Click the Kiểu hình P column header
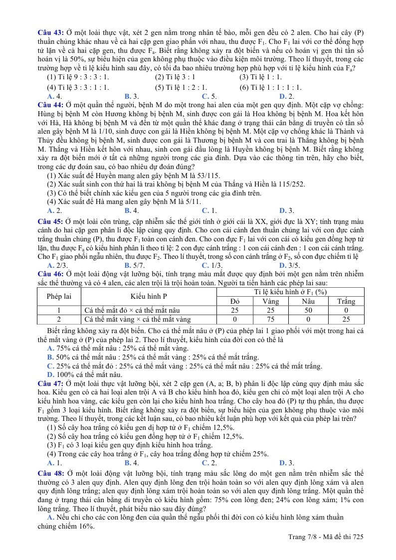click(x=149, y=296)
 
